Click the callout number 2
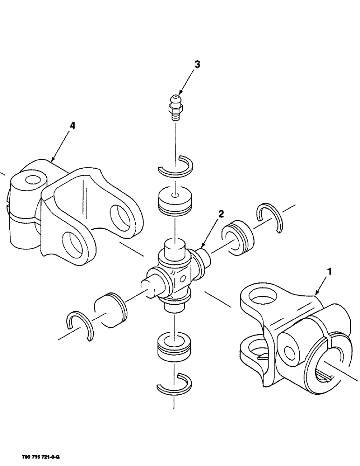pos(221,214)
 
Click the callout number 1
pos(331,270)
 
